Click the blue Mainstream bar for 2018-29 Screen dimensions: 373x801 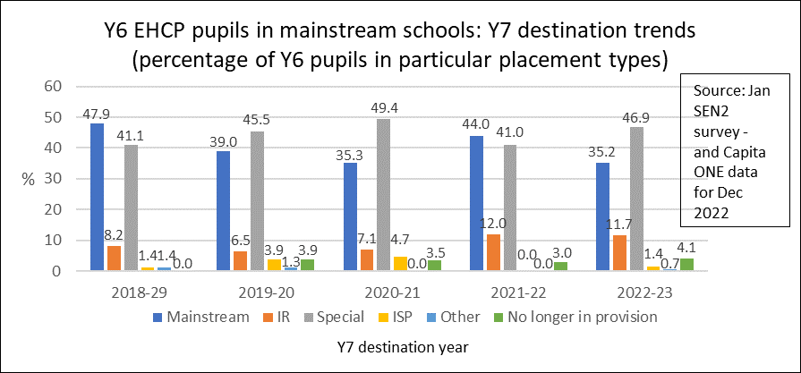point(96,197)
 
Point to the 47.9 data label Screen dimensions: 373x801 point(96,114)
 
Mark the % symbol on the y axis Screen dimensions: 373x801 point(27,179)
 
